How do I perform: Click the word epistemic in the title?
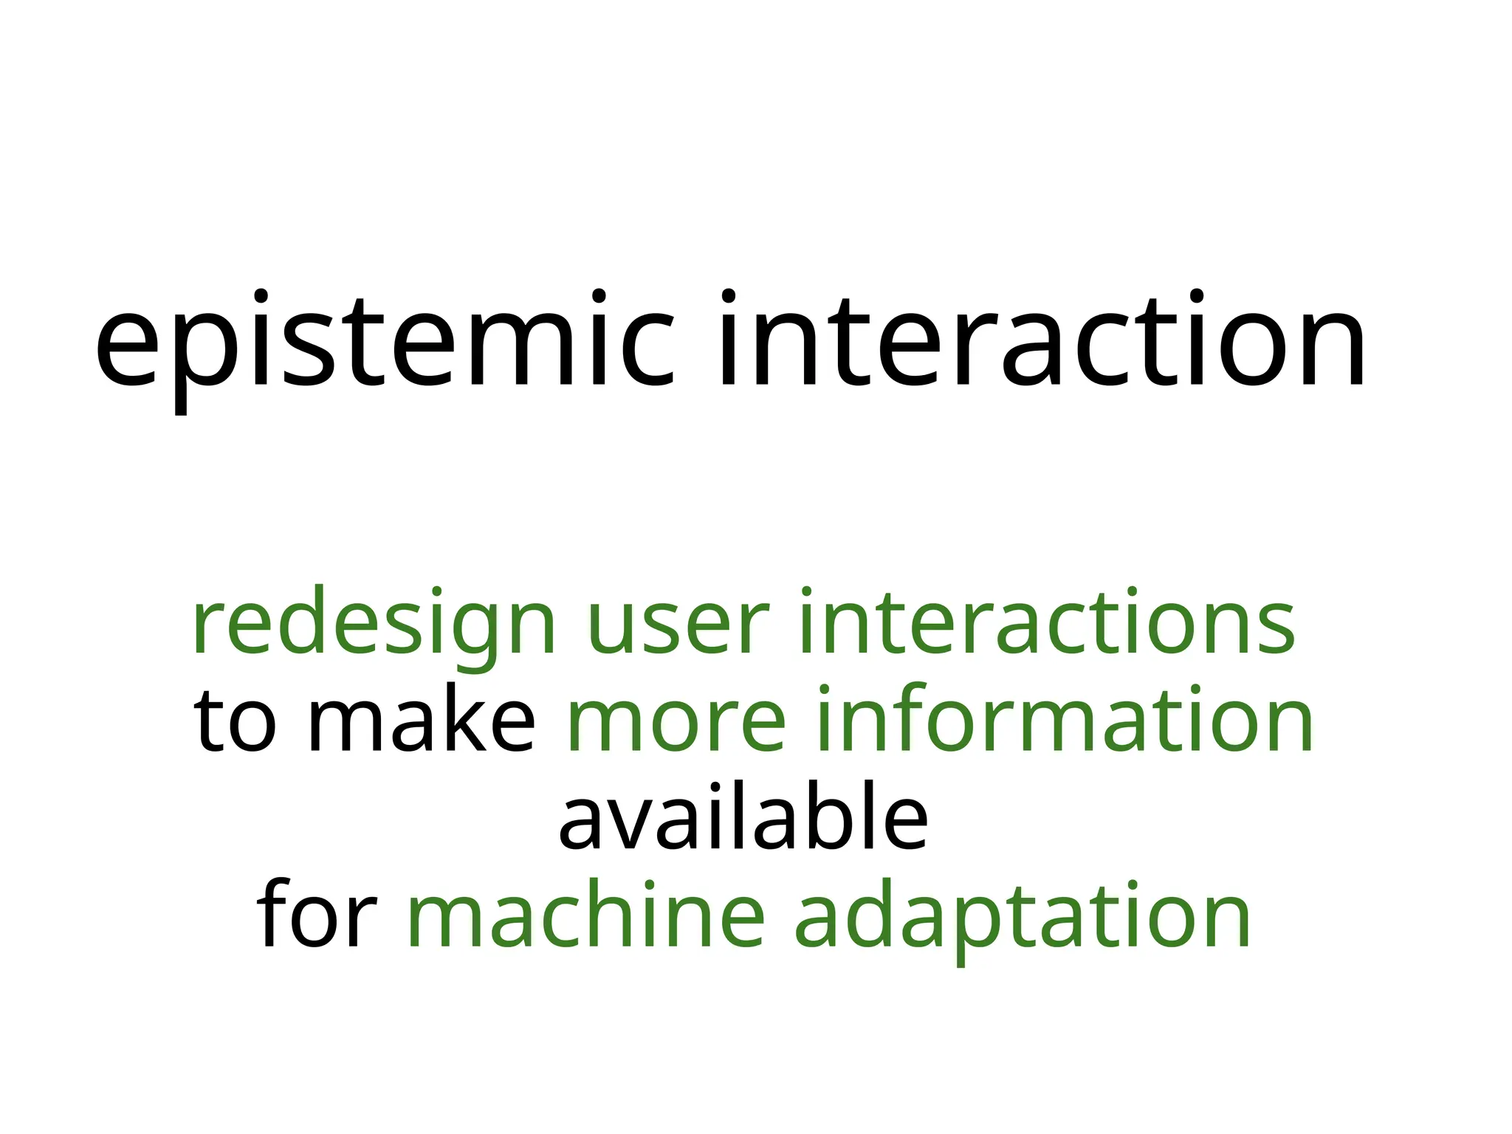tap(384, 347)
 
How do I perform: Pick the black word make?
tap(421, 720)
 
